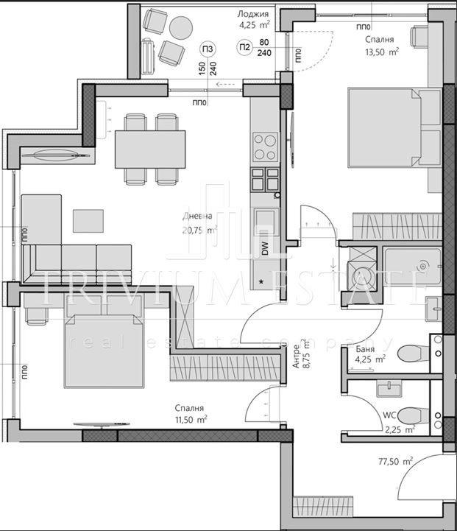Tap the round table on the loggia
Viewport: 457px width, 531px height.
pos(180,27)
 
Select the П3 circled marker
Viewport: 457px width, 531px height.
pos(208,49)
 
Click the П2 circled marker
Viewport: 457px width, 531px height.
pos(244,48)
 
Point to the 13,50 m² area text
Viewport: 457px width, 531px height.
pos(383,52)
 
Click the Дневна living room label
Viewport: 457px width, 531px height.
pos(198,217)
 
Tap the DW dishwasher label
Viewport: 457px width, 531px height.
pos(265,249)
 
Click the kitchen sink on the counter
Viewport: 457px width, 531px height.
pos(265,221)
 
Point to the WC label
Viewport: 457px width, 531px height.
pos(388,415)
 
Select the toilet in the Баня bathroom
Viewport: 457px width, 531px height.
pos(412,355)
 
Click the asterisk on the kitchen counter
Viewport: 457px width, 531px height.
pos(261,281)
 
